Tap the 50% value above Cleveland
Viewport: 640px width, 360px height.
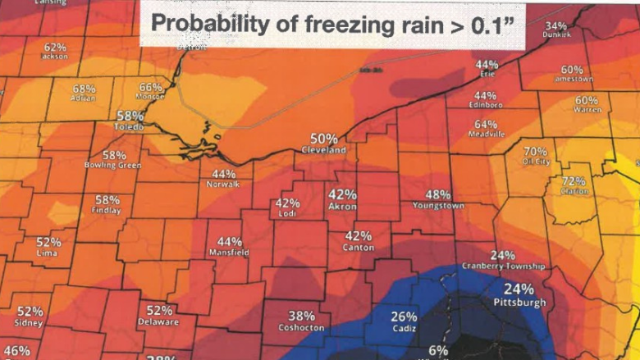tap(323, 139)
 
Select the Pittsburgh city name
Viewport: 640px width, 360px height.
tap(519, 303)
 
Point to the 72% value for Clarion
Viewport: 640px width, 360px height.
tap(574, 180)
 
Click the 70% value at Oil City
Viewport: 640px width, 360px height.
tap(535, 152)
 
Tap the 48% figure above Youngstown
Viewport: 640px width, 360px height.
tap(438, 194)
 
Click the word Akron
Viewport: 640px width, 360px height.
tap(342, 207)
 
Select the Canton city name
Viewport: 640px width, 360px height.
tap(359, 247)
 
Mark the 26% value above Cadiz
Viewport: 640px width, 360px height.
tap(404, 317)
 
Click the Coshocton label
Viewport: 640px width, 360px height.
tap(302, 327)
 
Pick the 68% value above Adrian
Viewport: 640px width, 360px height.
tap(84, 88)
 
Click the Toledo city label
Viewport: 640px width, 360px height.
tap(130, 128)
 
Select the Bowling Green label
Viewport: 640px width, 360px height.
tap(113, 166)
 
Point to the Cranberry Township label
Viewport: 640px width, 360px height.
tap(503, 267)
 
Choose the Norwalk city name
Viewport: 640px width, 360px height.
tap(223, 185)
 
